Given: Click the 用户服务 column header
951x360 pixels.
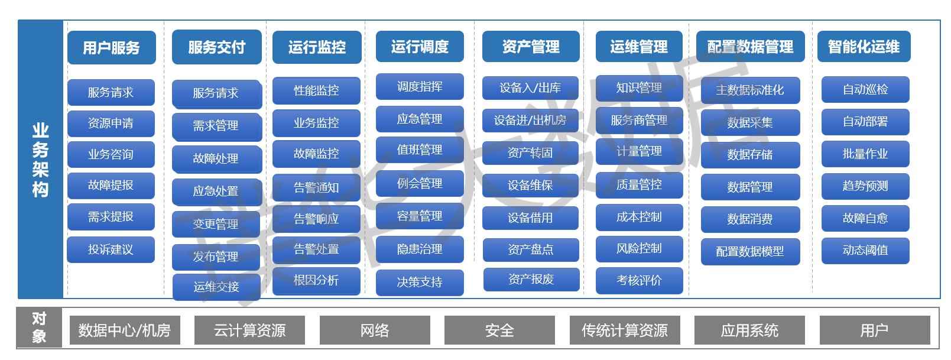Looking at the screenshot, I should tap(111, 47).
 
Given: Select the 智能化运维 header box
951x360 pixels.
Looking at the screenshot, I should tap(864, 47).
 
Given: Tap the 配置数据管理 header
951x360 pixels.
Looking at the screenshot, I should tap(750, 47).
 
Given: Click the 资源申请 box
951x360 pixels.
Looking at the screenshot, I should tap(111, 124).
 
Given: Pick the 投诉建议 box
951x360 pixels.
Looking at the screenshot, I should tap(111, 249).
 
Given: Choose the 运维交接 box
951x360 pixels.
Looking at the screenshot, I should tap(216, 287).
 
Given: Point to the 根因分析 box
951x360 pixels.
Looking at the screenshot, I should tap(316, 280).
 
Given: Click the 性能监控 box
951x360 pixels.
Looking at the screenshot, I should tap(316, 90).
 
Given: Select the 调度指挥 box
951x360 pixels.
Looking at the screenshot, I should tap(420, 87).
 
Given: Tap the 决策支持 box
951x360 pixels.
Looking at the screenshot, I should tap(420, 282).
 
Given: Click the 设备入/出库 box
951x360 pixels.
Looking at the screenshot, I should tap(530, 88).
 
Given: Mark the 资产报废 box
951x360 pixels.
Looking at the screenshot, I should tap(531, 279).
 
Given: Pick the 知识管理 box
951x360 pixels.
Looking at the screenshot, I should tap(639, 88).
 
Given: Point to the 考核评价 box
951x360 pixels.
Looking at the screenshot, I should tap(639, 280).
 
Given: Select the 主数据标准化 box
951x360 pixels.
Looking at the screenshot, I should tap(750, 90).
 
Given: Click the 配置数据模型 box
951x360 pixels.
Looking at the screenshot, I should tap(750, 251).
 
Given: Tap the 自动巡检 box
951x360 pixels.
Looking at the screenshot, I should tap(865, 89).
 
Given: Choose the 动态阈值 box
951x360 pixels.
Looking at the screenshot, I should tap(865, 250).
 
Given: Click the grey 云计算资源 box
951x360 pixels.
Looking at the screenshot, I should tap(249, 330).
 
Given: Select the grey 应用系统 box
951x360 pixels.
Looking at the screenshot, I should tap(749, 330).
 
